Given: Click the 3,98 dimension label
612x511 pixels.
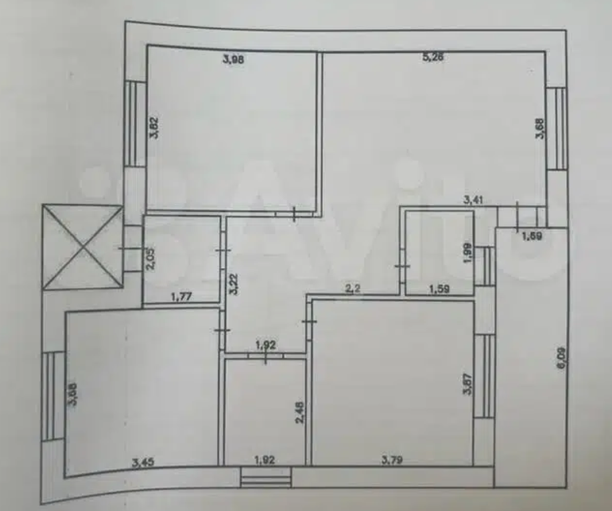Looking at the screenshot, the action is point(233,59).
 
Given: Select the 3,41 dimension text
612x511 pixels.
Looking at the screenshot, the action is point(475,199).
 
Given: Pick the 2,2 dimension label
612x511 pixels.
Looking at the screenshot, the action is point(352,289).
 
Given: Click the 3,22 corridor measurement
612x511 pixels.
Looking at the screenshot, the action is point(233,283).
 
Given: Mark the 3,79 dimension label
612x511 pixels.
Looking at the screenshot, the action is point(392,459).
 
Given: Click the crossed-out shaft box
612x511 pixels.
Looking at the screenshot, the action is point(82,247).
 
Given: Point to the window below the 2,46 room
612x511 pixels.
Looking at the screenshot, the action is point(265,478).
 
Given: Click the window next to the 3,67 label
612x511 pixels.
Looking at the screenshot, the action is point(484,376).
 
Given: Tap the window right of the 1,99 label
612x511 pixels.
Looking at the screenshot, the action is point(485,265).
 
